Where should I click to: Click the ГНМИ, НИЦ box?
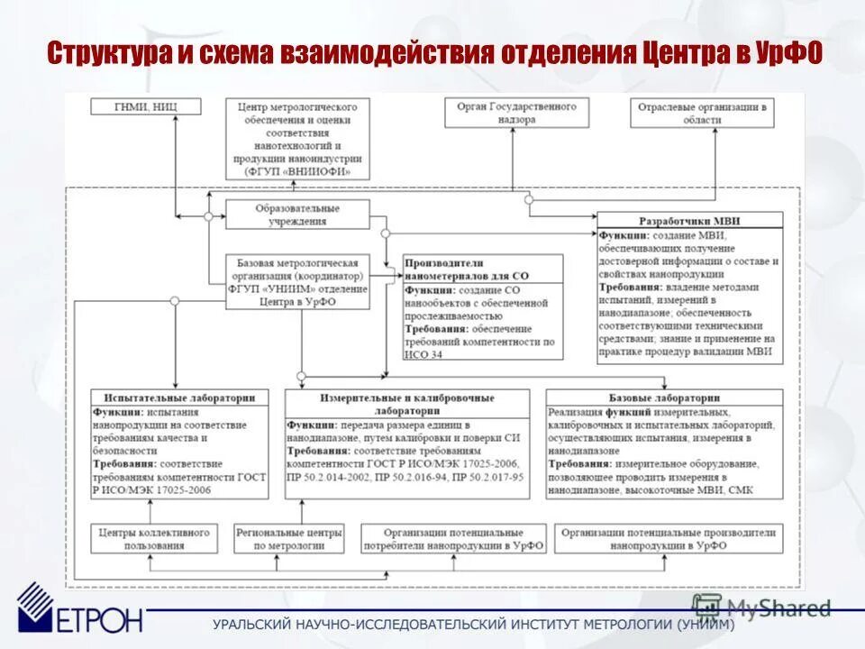(x=146, y=107)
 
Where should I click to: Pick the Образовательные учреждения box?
(x=296, y=215)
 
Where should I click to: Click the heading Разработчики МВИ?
(x=689, y=220)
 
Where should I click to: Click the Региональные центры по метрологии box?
(x=289, y=539)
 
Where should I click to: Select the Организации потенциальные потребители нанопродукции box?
(x=451, y=539)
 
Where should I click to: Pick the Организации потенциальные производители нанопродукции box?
(x=668, y=539)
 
